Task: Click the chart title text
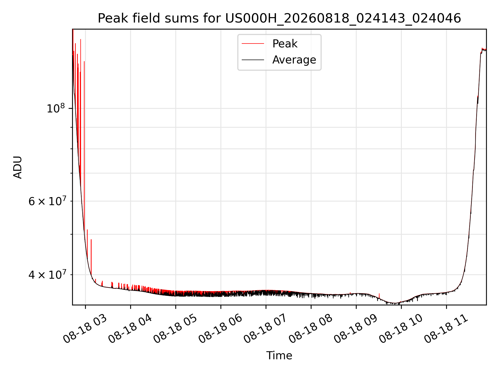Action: coord(279,18)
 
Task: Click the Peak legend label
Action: coord(285,44)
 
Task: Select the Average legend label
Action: coord(294,60)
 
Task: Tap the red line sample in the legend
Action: coord(253,44)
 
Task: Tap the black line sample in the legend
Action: coord(253,60)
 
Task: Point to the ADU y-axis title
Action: coord(18,167)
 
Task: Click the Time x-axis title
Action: coord(279,356)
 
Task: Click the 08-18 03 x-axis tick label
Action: coord(85,329)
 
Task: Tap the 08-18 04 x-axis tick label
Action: coord(130,329)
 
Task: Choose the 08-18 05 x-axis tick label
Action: coord(175,329)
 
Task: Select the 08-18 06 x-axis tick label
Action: coord(220,329)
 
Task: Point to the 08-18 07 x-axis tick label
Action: coord(266,329)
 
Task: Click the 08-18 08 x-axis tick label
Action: coord(311,329)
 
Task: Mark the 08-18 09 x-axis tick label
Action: coord(356,329)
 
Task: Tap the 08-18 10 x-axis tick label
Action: coord(401,329)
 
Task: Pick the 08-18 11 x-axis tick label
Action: coord(446,329)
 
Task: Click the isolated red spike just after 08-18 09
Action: coord(379,296)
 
